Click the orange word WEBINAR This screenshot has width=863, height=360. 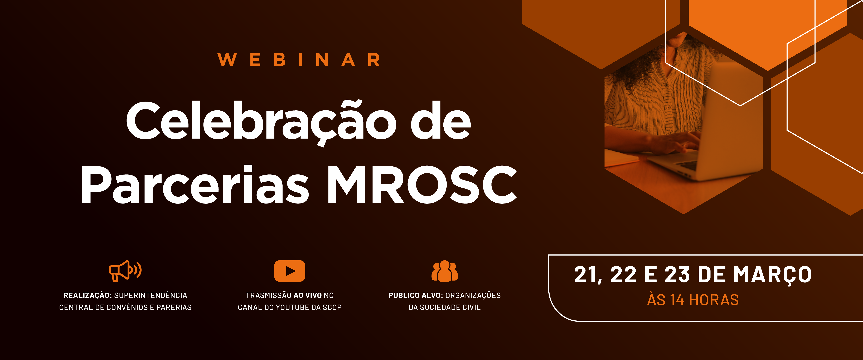click(299, 60)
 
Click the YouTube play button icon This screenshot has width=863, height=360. click(289, 271)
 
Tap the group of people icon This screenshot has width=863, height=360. click(445, 271)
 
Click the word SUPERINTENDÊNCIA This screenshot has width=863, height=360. click(151, 295)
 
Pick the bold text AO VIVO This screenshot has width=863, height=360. click(308, 295)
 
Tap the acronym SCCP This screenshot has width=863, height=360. click(332, 307)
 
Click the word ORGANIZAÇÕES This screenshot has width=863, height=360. click(473, 295)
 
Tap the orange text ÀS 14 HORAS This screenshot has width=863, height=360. click(693, 300)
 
